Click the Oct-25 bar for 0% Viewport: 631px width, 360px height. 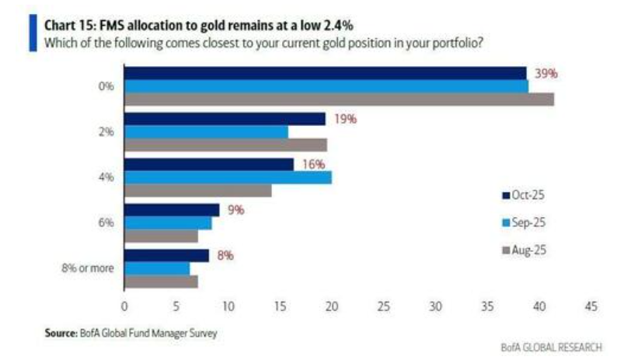pyautogui.click(x=326, y=72)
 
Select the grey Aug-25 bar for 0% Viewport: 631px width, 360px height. pyautogui.click(x=340, y=99)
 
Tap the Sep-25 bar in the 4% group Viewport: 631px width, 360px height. pyautogui.click(x=228, y=177)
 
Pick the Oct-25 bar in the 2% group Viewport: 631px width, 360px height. pyautogui.click(x=225, y=118)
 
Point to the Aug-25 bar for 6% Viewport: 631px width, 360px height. pyautogui.click(x=162, y=236)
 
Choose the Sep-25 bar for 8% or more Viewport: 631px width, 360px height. pyautogui.click(x=157, y=268)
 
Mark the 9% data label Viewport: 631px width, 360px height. pyautogui.click(x=235, y=210)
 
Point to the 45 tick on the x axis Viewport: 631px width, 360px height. pyautogui.click(x=590, y=306)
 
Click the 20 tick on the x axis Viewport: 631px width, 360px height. pyautogui.click(x=332, y=306)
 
